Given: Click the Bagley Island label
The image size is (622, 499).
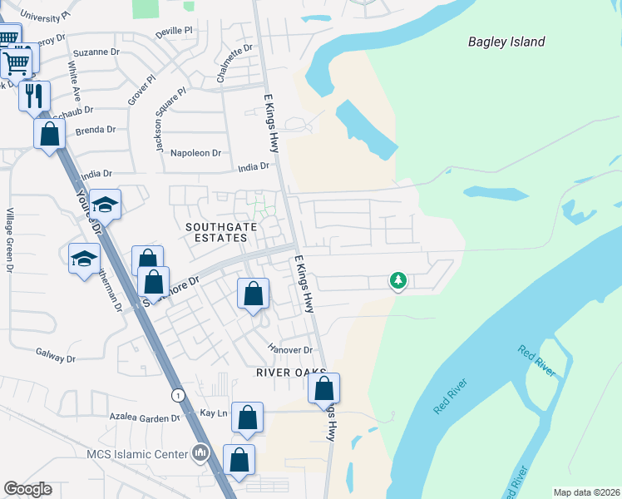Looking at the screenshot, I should tap(506, 42).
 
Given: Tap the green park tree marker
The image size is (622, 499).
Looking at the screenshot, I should tap(398, 281).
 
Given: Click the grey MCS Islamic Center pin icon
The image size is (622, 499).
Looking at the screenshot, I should tap(200, 453).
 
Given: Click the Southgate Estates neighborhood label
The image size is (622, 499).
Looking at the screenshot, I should tap(216, 231).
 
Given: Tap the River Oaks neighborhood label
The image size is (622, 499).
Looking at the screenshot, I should tap(289, 373).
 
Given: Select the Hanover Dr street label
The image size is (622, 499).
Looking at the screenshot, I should tap(289, 350).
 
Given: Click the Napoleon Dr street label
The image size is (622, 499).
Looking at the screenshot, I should tap(195, 153).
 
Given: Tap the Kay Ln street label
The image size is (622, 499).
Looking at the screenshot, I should tap(215, 413).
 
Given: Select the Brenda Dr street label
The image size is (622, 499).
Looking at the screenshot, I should tap(93, 130).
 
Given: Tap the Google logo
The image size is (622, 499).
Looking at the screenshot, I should tap(27, 489).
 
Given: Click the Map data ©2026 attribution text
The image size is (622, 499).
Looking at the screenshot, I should tap(586, 492).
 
